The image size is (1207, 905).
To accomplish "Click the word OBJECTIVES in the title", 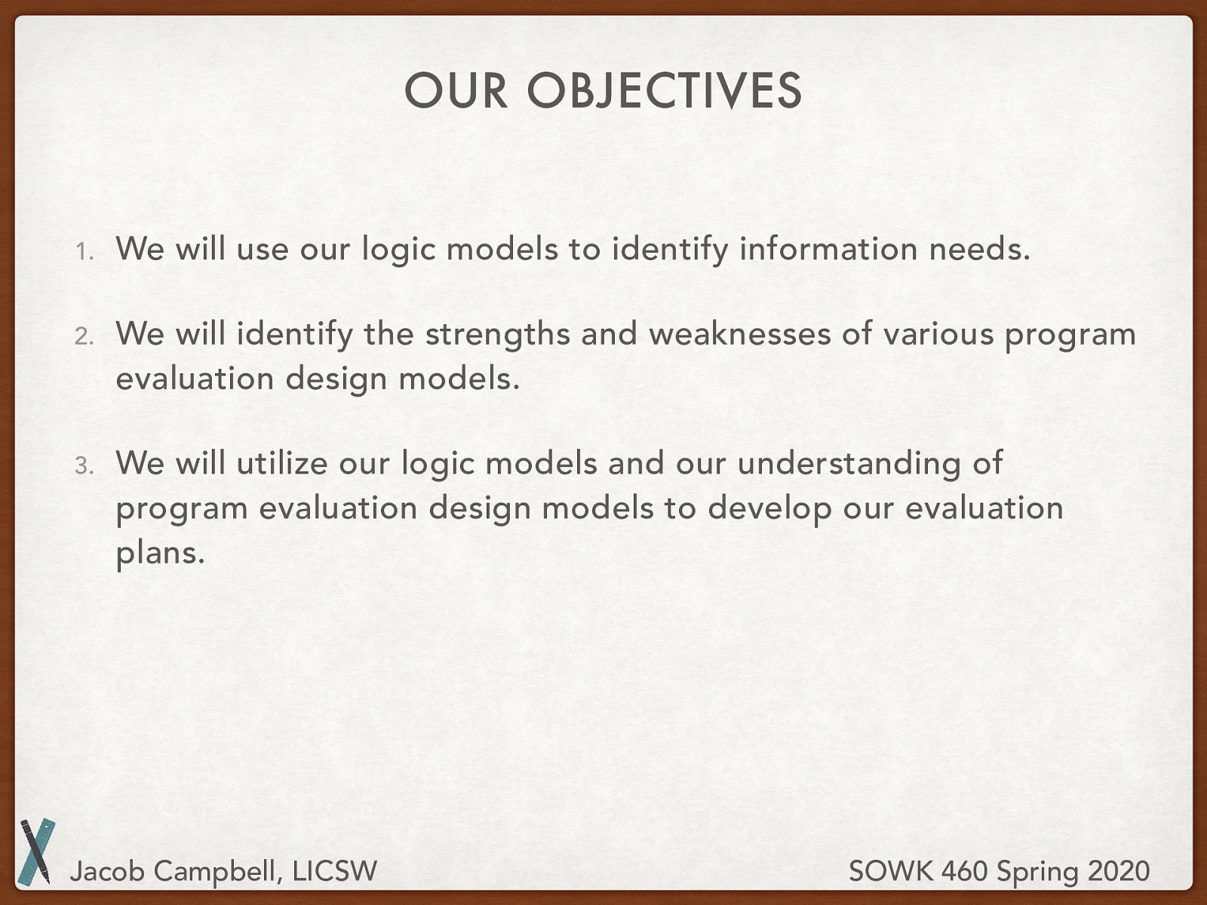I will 664,91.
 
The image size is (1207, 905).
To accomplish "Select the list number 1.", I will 83,251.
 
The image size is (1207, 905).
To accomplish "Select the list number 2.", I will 83,336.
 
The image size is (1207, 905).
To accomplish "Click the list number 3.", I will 83,465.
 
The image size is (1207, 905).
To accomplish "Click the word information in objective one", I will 828,249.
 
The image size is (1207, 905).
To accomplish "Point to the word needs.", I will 978,249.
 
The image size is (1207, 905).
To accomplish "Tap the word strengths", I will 497,334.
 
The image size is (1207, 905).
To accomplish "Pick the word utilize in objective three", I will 281,463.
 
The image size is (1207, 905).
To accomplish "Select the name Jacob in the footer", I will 106,871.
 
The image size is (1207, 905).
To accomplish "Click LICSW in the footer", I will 334,871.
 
